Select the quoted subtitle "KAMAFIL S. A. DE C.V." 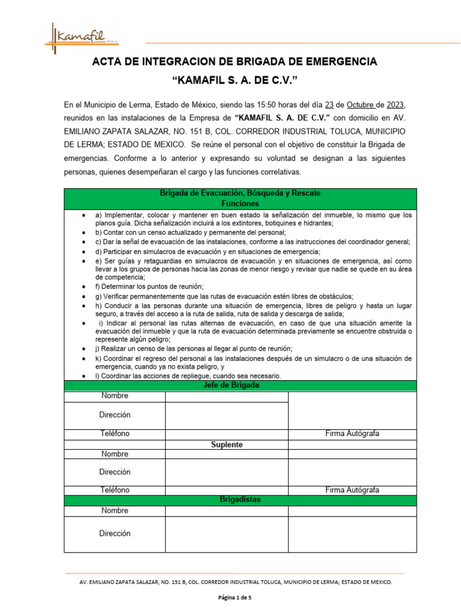pos(235,80)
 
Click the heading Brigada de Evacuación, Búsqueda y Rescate pos(240,193)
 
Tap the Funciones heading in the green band pos(240,204)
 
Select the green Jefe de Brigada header pos(240,386)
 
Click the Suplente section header pos(227,445)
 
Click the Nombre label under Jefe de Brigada pos(115,396)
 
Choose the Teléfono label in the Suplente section pos(115,490)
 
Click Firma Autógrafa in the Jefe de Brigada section pos(352,434)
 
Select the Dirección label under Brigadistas pos(115,533)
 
